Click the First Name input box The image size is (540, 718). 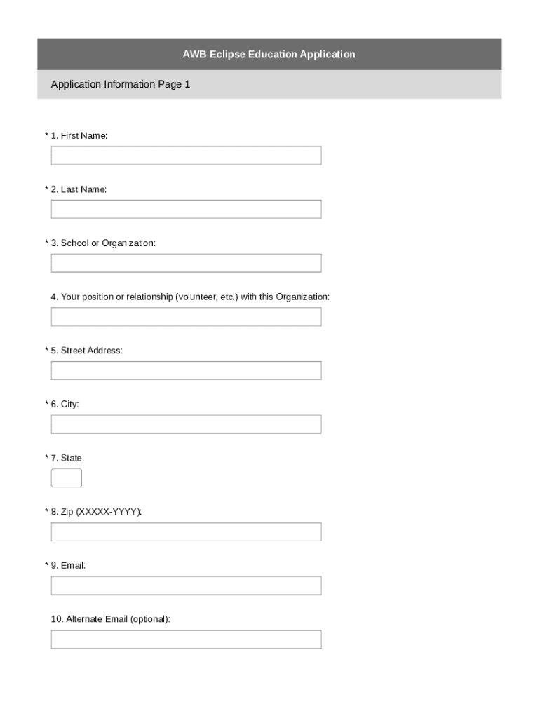click(x=186, y=156)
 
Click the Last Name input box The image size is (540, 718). click(x=186, y=209)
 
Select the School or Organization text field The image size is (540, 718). click(x=186, y=263)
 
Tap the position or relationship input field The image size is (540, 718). click(x=186, y=317)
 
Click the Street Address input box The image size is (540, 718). click(x=186, y=370)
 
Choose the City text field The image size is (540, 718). click(x=186, y=424)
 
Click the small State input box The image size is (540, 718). click(x=67, y=478)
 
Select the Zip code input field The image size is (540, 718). click(x=186, y=531)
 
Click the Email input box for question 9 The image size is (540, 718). click(x=186, y=585)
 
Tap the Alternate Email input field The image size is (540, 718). click(x=186, y=639)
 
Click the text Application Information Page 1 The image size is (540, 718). click(x=120, y=84)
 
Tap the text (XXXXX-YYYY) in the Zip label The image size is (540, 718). click(x=109, y=512)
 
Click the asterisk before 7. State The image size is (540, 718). click(x=47, y=458)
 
